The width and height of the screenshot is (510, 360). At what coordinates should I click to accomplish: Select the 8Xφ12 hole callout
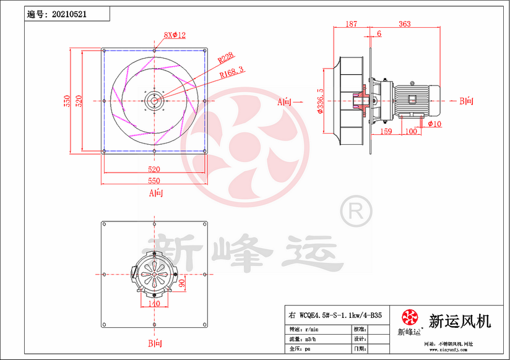[175, 35]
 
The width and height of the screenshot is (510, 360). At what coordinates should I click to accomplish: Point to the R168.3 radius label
[232, 71]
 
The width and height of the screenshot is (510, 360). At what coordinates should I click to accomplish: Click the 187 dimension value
[351, 24]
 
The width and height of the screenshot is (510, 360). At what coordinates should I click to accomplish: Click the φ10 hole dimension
[434, 124]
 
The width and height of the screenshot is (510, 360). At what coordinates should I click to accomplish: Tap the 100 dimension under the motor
[410, 131]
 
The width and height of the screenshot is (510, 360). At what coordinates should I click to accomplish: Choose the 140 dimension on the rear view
[153, 303]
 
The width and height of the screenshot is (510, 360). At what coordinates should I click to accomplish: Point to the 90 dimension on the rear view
[183, 283]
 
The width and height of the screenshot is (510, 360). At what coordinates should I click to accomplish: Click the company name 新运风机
[460, 321]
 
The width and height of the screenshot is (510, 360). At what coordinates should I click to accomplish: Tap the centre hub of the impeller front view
[153, 101]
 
